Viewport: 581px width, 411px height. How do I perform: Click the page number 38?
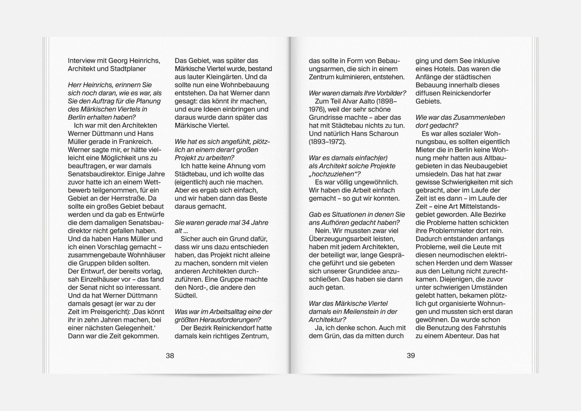(170, 356)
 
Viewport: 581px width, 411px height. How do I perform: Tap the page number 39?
(411, 356)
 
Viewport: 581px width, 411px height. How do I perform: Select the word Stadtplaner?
(128, 69)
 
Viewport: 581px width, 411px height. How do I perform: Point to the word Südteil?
(186, 296)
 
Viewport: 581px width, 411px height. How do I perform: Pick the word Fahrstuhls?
(484, 328)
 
